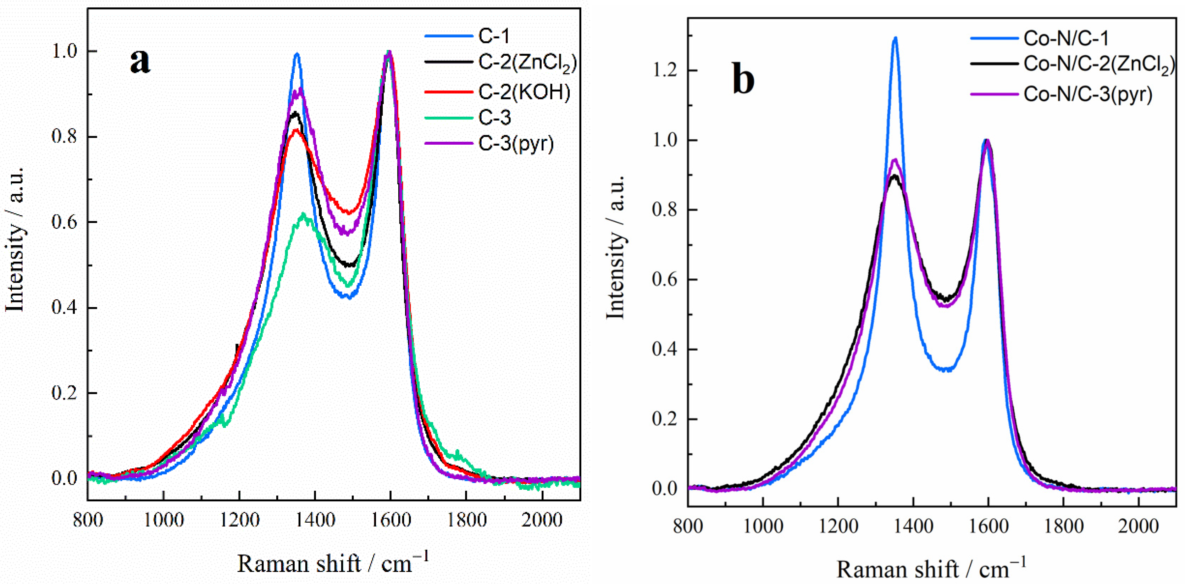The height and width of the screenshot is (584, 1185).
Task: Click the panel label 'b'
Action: pos(743,80)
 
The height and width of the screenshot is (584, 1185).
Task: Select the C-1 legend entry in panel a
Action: pos(494,36)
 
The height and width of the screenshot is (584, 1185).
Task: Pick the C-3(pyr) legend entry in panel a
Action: pos(516,144)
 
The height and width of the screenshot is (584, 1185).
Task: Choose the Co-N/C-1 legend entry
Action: pos(1066,38)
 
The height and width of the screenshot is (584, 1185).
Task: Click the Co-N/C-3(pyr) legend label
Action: pos(1088,94)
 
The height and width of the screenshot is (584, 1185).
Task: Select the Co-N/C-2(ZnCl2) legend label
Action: pos(1098,65)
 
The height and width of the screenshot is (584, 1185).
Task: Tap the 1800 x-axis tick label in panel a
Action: pos(466,520)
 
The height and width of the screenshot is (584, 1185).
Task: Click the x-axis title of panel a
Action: pos(333,563)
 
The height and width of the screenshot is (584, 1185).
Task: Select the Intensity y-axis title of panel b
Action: pos(615,247)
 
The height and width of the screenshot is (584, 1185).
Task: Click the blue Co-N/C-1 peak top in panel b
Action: pos(895,38)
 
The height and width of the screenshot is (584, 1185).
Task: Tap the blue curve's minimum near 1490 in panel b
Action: pos(946,369)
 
